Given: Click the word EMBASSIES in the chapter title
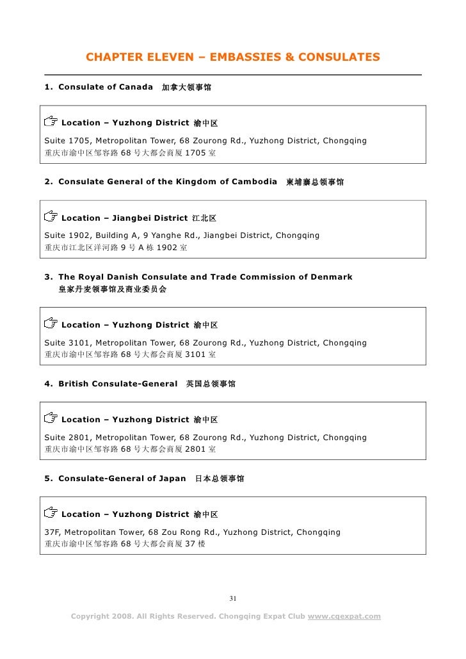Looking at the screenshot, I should pyautogui.click(x=245, y=58).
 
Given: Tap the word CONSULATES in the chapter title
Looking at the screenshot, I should pyautogui.click(x=340, y=58).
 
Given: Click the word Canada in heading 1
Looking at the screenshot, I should pyautogui.click(x=134, y=86).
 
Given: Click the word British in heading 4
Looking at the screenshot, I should pyautogui.click(x=75, y=384).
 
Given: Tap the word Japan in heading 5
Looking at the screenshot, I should pyautogui.click(x=172, y=479).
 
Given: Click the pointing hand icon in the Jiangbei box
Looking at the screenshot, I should pyautogui.click(x=50, y=217).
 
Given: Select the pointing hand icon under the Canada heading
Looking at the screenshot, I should pyautogui.click(x=50, y=122).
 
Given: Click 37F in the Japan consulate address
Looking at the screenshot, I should pyautogui.click(x=51, y=532).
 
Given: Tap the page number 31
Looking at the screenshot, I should pyautogui.click(x=233, y=599).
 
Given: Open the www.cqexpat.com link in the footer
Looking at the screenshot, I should pyautogui.click(x=344, y=617).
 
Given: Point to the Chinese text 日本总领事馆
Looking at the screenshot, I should pyautogui.click(x=219, y=479).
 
